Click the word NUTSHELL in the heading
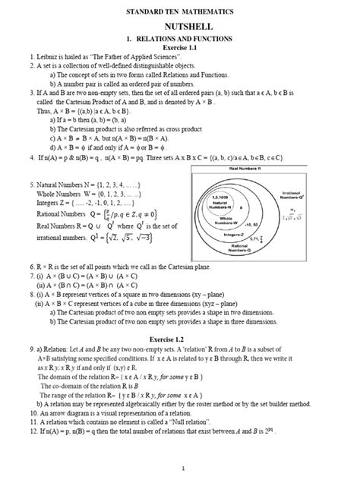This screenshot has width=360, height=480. (x=181, y=24)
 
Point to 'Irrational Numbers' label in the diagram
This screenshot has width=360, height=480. (x=335, y=196)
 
